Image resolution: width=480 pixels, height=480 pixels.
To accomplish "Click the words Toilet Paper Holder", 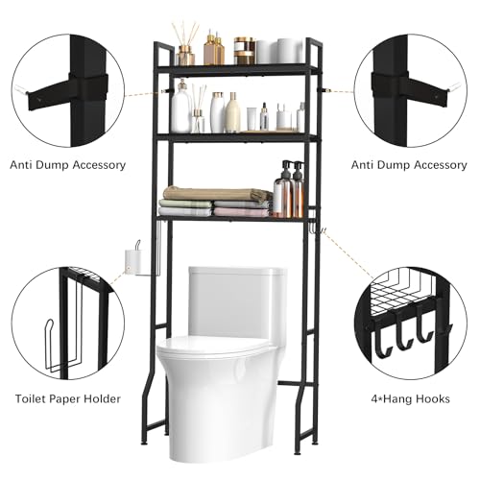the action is pyautogui.click(x=68, y=398).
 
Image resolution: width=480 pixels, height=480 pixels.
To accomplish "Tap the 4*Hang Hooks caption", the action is pyautogui.click(x=410, y=398).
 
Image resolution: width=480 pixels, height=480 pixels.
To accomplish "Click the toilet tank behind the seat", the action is pyautogui.click(x=237, y=300).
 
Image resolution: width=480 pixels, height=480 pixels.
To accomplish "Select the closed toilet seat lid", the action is pyautogui.click(x=214, y=345).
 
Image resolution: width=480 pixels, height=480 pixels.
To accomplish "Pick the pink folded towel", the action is pyautogui.click(x=241, y=211).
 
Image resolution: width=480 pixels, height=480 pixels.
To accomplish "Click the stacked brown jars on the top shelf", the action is pyautogui.click(x=245, y=51).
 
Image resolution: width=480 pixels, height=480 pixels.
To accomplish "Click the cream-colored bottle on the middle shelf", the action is pyautogui.click(x=232, y=112).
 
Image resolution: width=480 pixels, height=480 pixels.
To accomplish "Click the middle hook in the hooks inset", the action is pyautogui.click(x=405, y=333).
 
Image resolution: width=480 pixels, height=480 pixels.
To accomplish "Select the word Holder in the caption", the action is pyautogui.click(x=102, y=398).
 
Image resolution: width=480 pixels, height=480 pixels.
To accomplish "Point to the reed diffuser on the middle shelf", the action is pyautogui.click(x=199, y=108).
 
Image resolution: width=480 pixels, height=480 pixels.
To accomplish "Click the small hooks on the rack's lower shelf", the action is pyautogui.click(x=319, y=228).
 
